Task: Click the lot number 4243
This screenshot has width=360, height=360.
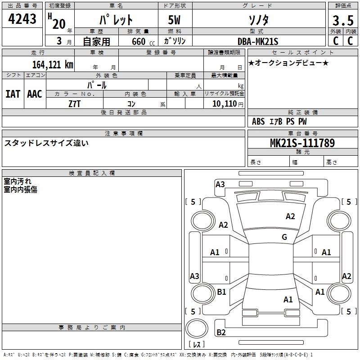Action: [x=22, y=19]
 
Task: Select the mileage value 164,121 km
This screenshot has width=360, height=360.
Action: [x=53, y=64]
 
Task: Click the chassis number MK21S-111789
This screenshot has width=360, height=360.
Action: [x=302, y=143]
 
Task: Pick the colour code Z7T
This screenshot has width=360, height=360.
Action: [x=74, y=104]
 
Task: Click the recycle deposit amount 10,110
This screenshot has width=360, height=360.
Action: [x=222, y=104]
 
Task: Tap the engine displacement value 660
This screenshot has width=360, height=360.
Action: [x=138, y=41]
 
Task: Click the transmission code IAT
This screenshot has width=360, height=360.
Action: [x=13, y=94]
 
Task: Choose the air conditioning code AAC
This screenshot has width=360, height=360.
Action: [x=35, y=94]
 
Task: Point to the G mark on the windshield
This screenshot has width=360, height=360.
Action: [x=284, y=237]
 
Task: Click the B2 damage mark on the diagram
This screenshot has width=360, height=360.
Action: [x=221, y=333]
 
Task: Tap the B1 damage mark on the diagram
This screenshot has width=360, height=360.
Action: [x=221, y=292]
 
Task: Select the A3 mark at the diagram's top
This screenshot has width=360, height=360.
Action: [x=220, y=184]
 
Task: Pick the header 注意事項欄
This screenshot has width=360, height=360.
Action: [x=124, y=134]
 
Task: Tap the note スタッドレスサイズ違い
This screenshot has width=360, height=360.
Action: [x=46, y=143]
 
